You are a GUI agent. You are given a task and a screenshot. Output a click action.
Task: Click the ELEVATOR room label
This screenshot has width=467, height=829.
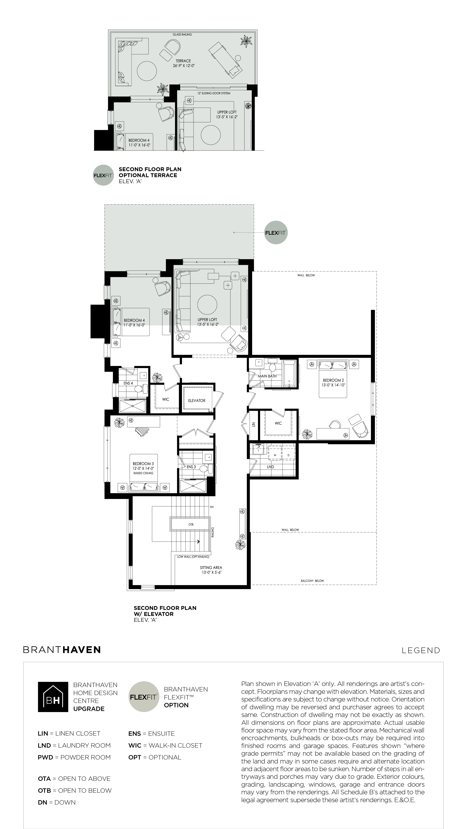pos(197,401)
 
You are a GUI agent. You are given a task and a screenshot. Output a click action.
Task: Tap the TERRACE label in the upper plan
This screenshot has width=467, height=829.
pos(183,61)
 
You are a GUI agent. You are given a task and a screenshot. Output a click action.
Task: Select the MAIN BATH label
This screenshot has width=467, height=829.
pos(267,376)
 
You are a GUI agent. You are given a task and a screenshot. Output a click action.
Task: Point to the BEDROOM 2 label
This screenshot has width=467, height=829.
pos(333,380)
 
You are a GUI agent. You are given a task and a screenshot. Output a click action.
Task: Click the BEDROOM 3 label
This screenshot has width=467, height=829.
pos(143,464)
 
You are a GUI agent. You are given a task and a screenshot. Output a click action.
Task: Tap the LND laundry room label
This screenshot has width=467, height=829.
pos(270,467)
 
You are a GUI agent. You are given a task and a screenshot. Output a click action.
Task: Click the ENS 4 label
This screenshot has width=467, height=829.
pos(128,383)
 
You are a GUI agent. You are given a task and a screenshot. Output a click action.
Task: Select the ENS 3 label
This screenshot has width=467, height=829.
pos(191,467)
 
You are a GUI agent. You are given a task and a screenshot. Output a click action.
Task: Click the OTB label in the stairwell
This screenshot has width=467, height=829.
pos(191,525)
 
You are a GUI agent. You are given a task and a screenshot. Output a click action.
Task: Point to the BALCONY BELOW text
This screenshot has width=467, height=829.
pos(312,581)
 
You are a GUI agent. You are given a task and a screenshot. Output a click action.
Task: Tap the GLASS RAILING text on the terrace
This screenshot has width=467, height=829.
pos(182,34)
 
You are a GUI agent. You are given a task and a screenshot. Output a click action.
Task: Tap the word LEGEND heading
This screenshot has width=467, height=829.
pos(421,650)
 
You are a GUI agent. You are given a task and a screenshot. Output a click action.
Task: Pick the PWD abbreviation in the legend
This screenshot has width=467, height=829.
pos(45,757)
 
